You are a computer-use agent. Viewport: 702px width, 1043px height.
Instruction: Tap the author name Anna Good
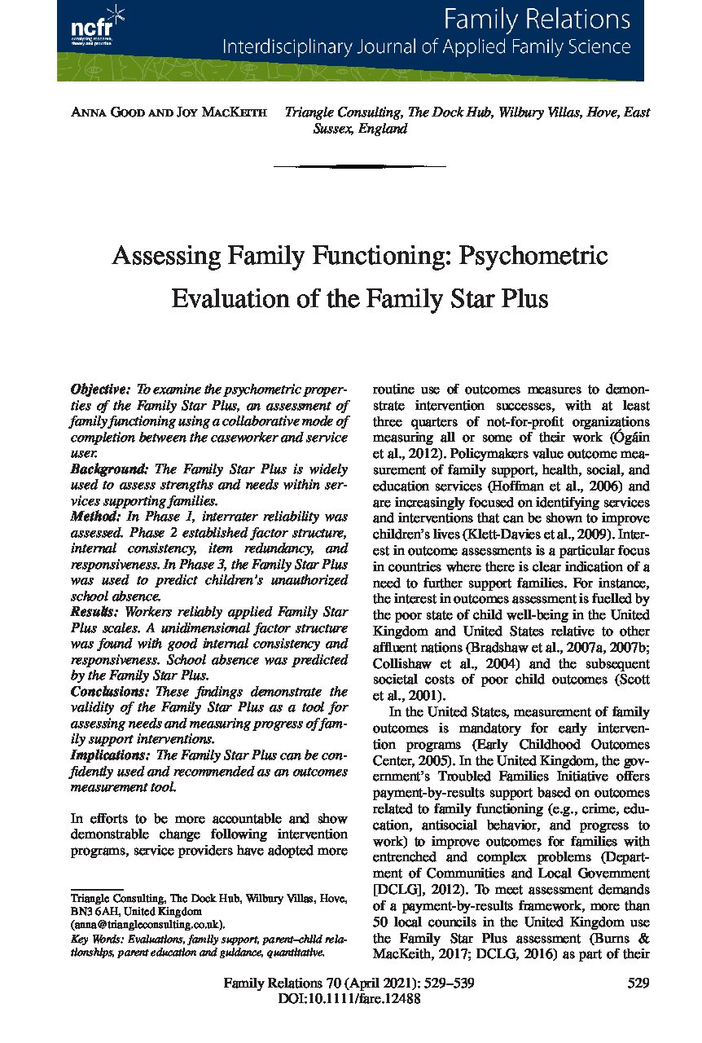105,113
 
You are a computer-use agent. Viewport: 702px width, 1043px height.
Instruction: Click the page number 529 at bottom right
638,984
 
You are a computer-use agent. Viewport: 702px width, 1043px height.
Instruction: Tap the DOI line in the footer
349,1000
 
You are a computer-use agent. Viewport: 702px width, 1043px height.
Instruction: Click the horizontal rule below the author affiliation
360,167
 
